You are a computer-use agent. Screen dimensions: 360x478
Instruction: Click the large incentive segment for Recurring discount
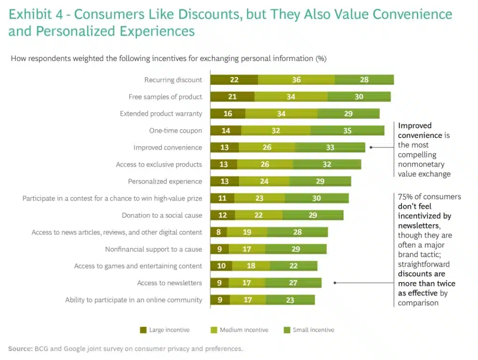pos(234,80)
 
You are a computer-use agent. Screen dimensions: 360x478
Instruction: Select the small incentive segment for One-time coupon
pos(347,131)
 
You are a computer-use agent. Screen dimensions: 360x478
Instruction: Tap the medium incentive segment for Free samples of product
pos(291,97)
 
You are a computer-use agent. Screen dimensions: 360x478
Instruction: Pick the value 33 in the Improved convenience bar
pos(330,147)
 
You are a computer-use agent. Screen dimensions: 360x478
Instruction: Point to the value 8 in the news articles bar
pos(219,232)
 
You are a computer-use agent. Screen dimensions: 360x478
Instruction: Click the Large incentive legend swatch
pos(143,330)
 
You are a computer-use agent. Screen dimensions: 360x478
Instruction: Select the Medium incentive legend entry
pos(244,330)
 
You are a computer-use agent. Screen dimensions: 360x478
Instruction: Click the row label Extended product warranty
pos(161,114)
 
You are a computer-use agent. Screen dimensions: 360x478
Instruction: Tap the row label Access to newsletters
pos(169,283)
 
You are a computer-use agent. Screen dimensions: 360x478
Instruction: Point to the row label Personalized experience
pos(165,181)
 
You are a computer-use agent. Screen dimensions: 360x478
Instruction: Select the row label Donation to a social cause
pos(162,215)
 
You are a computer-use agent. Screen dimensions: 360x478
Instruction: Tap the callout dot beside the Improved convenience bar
pos(371,147)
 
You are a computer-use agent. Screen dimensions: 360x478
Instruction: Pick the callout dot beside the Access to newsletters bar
pos(335,283)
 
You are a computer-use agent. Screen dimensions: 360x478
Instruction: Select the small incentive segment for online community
pos(290,300)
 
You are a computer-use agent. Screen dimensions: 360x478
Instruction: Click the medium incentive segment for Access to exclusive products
pos(265,165)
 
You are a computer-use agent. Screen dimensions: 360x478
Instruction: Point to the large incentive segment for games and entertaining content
pos(221,266)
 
